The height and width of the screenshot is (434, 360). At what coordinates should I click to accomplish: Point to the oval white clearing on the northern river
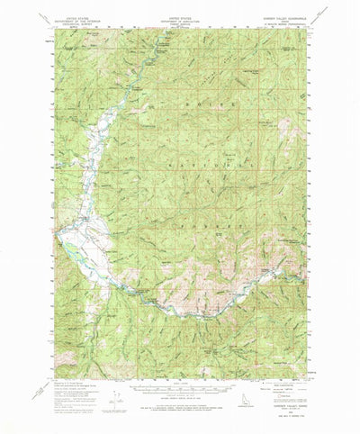pyautogui.click(x=167, y=42)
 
